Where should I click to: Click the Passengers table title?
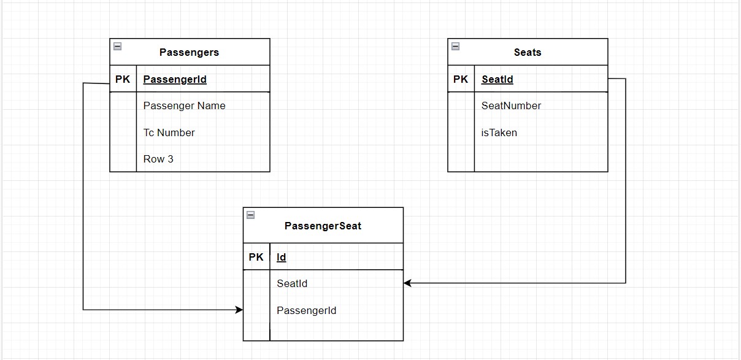point(189,52)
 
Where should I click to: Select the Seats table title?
point(528,52)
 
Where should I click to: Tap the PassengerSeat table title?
point(323,226)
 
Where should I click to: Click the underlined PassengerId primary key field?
point(175,79)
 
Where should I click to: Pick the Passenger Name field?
point(184,105)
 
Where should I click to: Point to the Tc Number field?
point(169,132)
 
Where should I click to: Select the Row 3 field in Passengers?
point(158,159)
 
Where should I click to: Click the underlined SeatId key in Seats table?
point(497,79)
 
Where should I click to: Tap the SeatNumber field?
point(511,105)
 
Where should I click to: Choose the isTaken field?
point(499,132)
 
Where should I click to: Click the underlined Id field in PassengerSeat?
point(282,257)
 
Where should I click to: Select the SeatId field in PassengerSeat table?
point(292,283)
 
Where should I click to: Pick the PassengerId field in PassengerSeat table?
point(306,310)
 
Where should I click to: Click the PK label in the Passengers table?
point(123,79)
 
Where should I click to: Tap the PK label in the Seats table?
point(461,79)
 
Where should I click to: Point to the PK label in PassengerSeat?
point(256,257)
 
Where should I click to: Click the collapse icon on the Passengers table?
point(117,46)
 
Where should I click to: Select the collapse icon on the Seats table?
point(455,46)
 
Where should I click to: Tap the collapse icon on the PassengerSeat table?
point(250,215)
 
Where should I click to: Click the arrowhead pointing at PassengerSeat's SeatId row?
point(407,283)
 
